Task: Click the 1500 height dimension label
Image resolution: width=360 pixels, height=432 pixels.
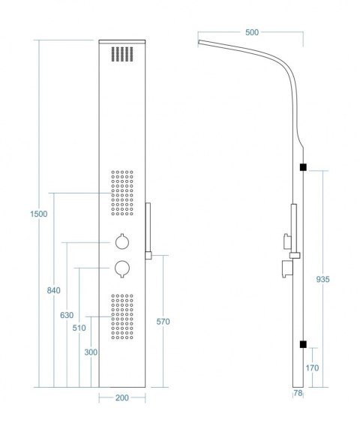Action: [x=39, y=214]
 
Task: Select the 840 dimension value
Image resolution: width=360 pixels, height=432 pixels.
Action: [x=53, y=290]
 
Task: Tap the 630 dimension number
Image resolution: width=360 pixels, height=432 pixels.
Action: [x=67, y=315]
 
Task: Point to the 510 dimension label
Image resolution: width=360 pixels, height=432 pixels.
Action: [x=79, y=328]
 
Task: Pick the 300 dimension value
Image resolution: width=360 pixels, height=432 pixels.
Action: [x=91, y=352]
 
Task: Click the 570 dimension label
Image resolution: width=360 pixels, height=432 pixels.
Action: [x=163, y=322]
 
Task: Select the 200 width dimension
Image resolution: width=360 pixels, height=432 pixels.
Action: [x=122, y=397]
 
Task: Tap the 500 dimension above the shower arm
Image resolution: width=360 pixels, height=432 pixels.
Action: [x=252, y=32]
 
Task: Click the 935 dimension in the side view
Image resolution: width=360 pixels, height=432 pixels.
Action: [x=322, y=279]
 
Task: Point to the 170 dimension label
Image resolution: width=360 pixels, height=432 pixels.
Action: [x=312, y=367]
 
